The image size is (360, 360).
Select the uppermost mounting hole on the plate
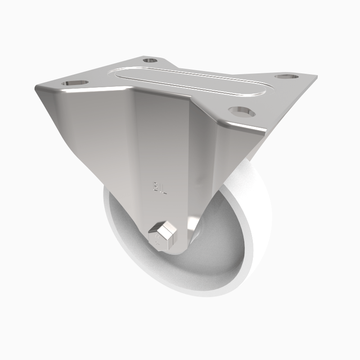click(x=150, y=60)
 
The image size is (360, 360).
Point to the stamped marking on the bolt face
click(x=157, y=237)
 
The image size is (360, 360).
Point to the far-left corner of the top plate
click(x=35, y=88)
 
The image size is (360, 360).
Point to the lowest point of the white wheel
click(x=198, y=297)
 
